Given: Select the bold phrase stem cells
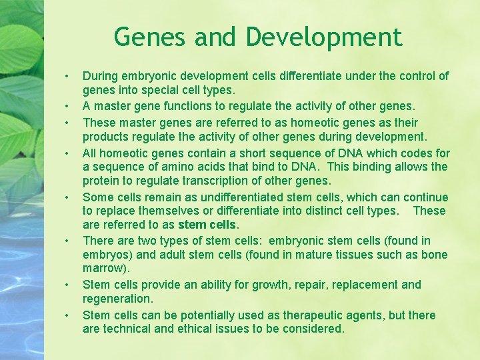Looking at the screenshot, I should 208,225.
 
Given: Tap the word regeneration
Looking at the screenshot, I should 117,299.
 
